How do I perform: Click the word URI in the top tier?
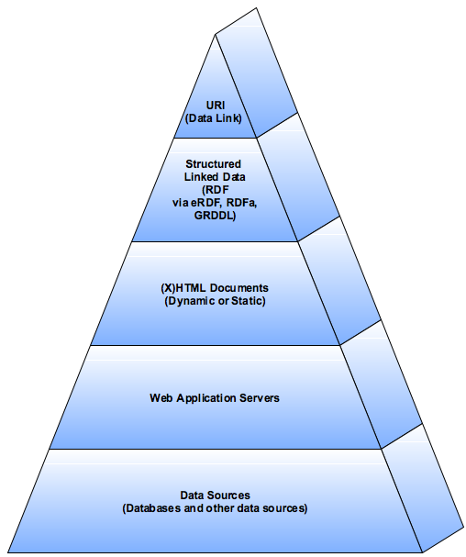point(216,106)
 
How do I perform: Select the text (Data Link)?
point(214,118)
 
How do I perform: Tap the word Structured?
point(213,163)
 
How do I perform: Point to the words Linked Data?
point(215,176)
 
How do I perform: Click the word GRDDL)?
point(215,216)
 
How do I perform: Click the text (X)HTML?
point(183,288)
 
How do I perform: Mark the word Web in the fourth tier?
point(161,398)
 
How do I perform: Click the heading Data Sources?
point(215,495)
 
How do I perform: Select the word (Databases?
point(152,508)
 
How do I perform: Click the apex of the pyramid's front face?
point(215,35)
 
